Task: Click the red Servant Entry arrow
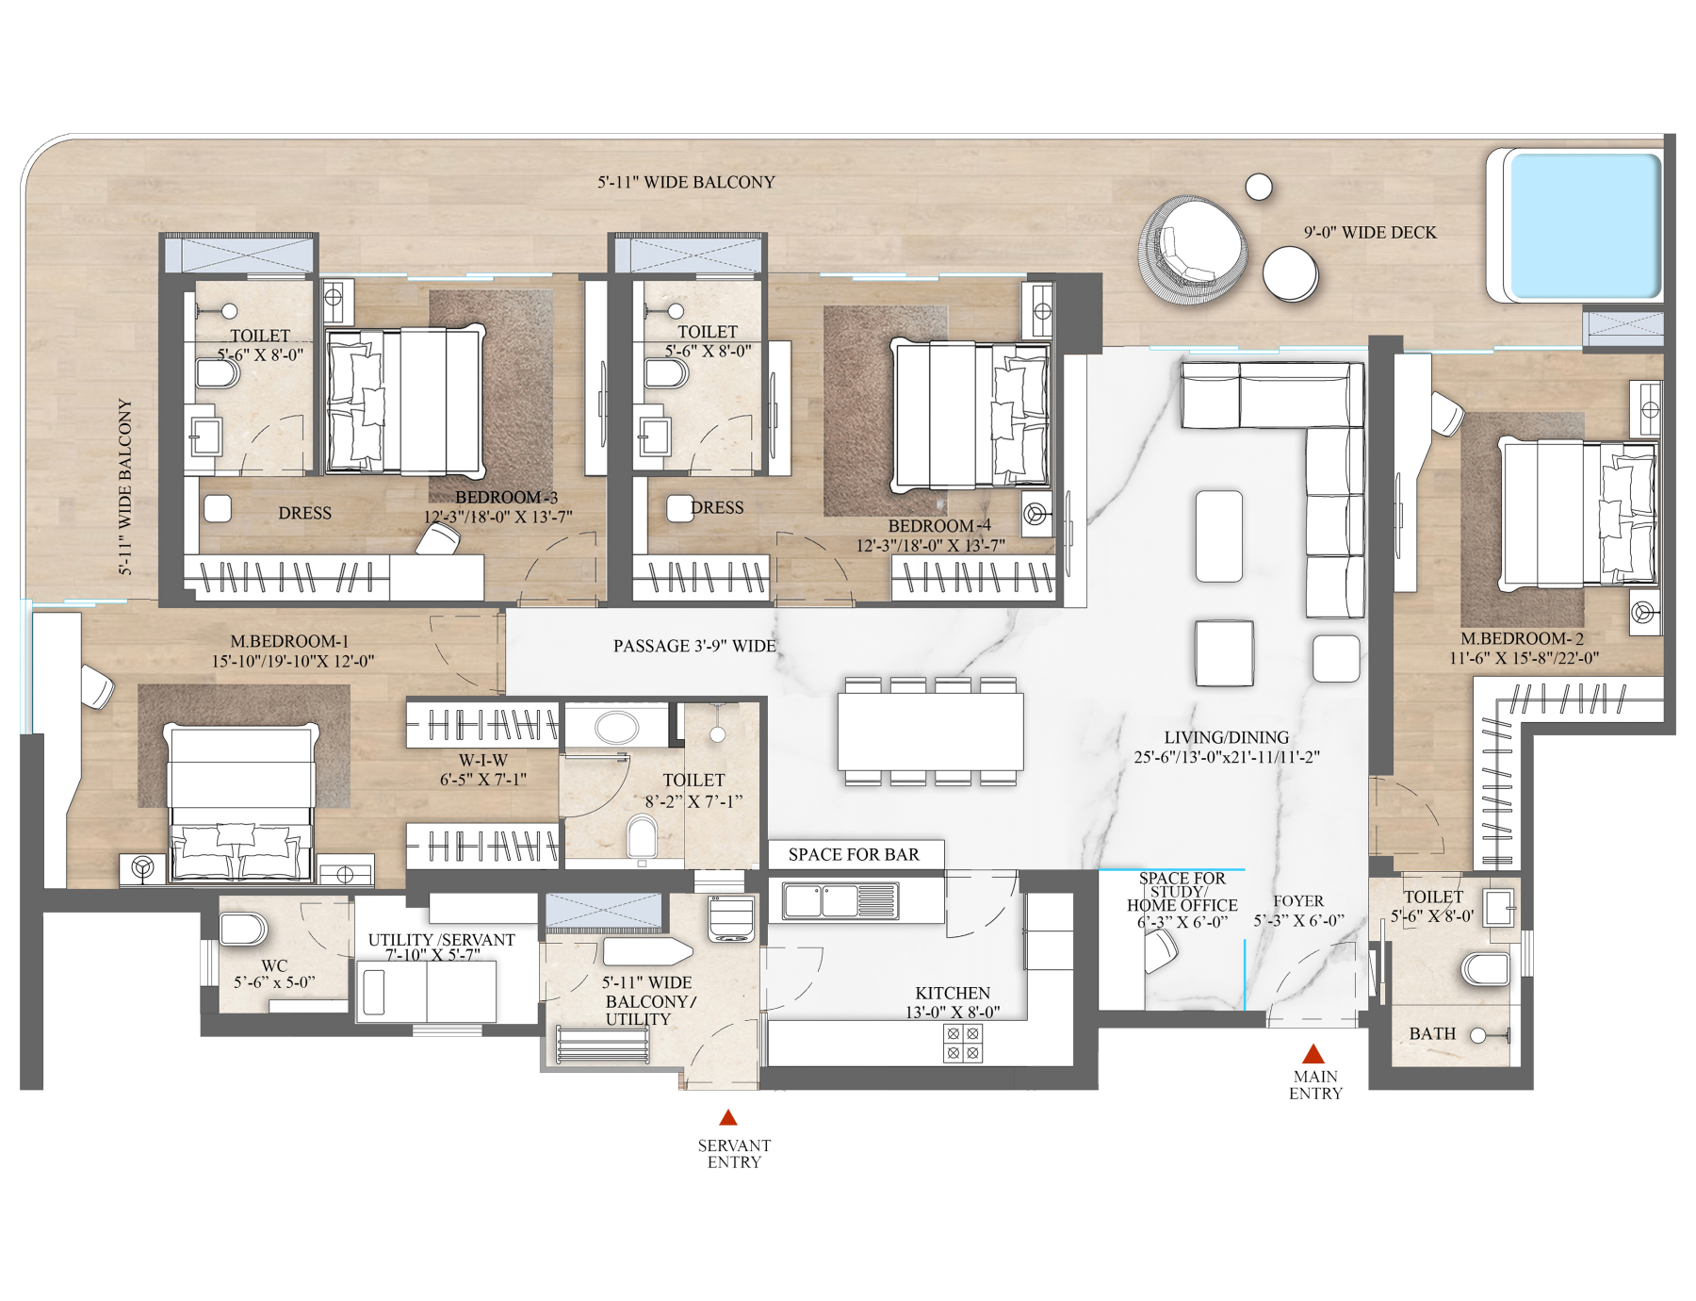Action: pyautogui.click(x=726, y=1118)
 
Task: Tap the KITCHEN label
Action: pyautogui.click(x=952, y=993)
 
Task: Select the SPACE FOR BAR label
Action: pyautogui.click(x=854, y=854)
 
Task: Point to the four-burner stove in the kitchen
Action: pyautogui.click(x=963, y=1042)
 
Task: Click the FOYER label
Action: pyautogui.click(x=1297, y=900)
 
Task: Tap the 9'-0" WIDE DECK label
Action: pyautogui.click(x=1370, y=232)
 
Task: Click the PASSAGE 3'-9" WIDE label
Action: pyautogui.click(x=693, y=646)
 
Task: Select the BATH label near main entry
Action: pyautogui.click(x=1432, y=1033)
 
